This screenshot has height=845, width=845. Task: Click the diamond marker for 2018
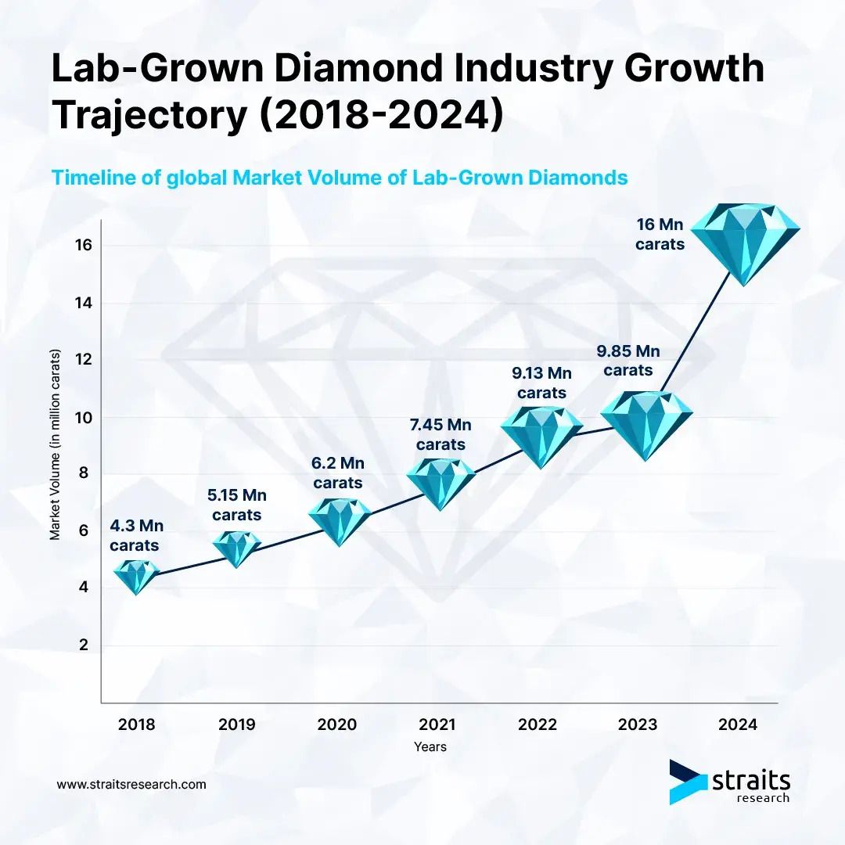pyautogui.click(x=136, y=576)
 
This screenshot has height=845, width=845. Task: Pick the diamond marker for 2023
pyautogui.click(x=645, y=423)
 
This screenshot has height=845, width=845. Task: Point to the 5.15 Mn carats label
pyautogui.click(x=237, y=505)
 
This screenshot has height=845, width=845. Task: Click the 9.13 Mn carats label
pyautogui.click(x=541, y=382)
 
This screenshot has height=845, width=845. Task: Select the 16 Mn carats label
pyautogui.click(x=660, y=234)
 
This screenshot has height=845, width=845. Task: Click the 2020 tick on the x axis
pyautogui.click(x=337, y=724)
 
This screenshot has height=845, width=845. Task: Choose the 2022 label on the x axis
pyautogui.click(x=538, y=724)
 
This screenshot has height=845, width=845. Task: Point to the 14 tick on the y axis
pyautogui.click(x=84, y=303)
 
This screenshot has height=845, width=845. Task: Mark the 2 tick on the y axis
pyautogui.click(x=84, y=645)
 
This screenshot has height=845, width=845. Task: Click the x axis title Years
pyautogui.click(x=430, y=746)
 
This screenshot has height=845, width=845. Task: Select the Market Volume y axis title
pyautogui.click(x=56, y=444)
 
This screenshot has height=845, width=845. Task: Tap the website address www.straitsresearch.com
pyautogui.click(x=132, y=783)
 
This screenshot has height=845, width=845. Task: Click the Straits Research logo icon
pyautogui.click(x=686, y=781)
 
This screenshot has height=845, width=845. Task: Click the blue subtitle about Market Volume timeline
pyautogui.click(x=340, y=178)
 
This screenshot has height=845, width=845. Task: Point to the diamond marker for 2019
pyautogui.click(x=237, y=548)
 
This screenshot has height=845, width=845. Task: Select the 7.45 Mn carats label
pyautogui.click(x=440, y=434)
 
